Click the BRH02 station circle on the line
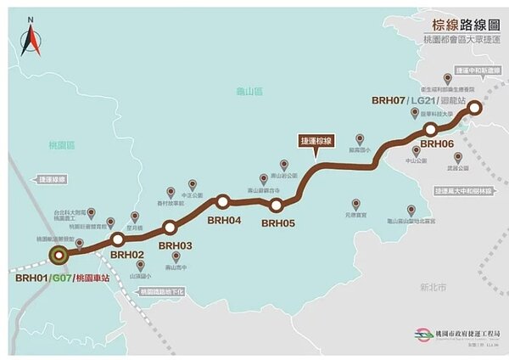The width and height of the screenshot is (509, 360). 118,240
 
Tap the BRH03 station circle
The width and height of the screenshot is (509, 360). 170,228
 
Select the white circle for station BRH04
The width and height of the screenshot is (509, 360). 223,202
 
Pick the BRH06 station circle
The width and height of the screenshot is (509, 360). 431,129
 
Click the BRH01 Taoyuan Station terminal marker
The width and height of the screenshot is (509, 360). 59,253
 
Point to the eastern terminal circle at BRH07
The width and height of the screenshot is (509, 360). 475,107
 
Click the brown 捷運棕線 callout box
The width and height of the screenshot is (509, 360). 316,140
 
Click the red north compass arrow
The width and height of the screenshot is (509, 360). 31,38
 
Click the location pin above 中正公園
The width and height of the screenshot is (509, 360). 193,183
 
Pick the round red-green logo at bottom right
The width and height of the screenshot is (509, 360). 421,336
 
